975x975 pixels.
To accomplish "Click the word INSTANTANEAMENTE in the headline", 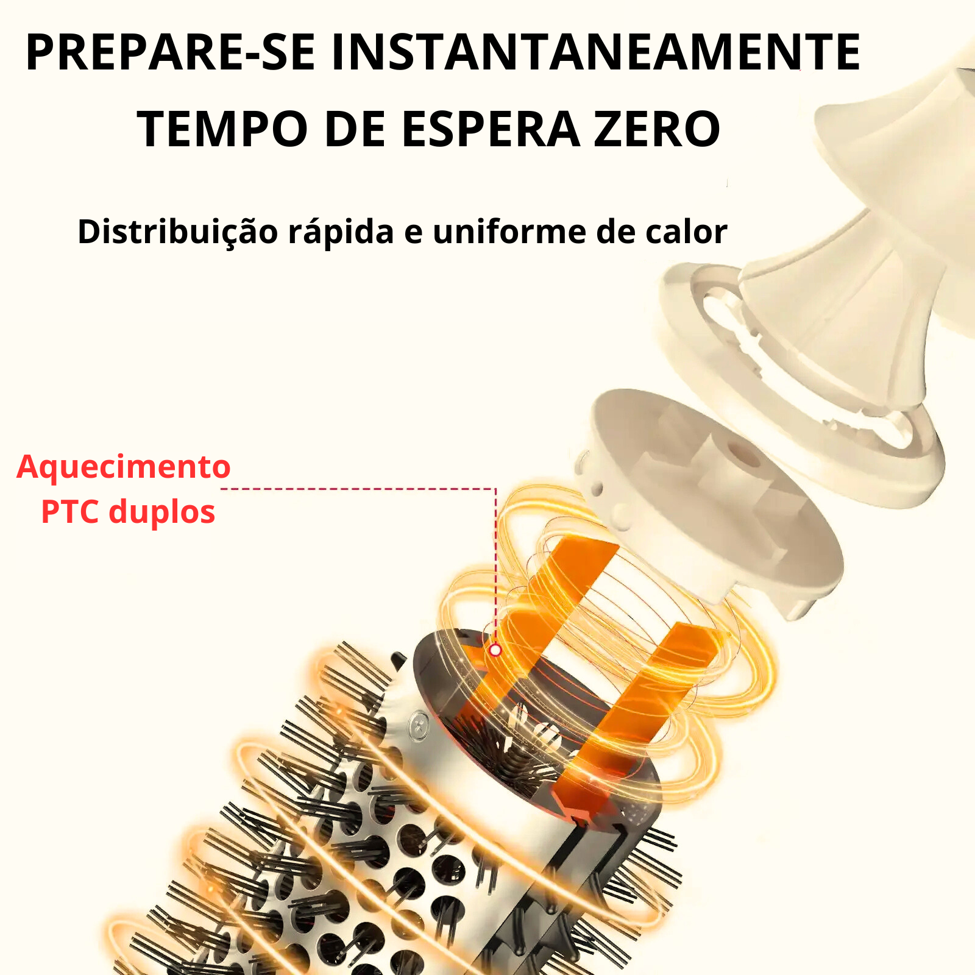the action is point(595,52).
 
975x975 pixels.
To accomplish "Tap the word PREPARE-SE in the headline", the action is point(171,52).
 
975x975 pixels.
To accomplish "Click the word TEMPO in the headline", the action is point(222,129).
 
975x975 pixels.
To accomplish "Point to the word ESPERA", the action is point(491,129).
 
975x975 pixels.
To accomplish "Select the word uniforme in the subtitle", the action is point(509,232).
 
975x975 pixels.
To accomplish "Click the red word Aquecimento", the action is point(124,467).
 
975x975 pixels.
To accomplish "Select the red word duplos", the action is point(161,512).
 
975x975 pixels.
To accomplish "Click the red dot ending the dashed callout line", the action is point(495,650).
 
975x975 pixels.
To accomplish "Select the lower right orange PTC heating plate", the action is point(640,713).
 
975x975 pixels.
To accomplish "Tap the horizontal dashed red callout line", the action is point(358,489).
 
